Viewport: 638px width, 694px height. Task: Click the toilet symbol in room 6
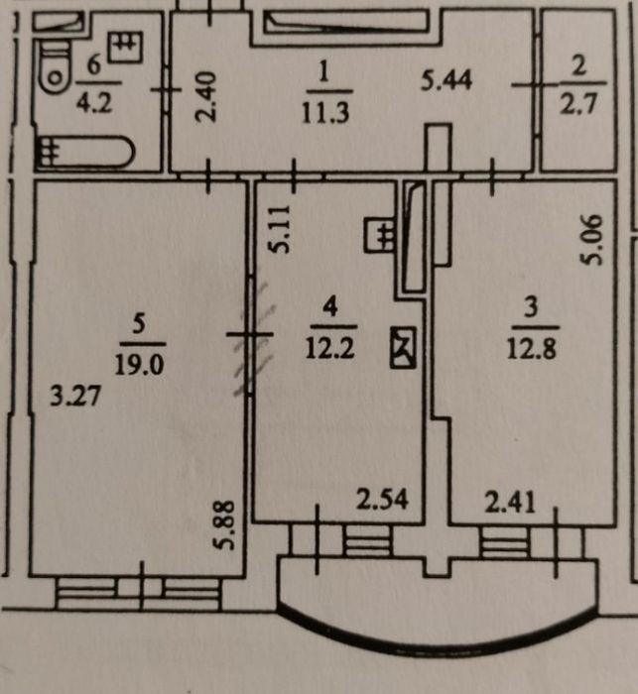(x=55, y=66)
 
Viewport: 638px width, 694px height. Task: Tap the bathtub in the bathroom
(x=84, y=152)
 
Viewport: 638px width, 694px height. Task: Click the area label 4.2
(x=94, y=102)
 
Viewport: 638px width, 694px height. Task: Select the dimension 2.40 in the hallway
(x=206, y=97)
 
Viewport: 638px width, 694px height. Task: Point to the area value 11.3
(x=325, y=112)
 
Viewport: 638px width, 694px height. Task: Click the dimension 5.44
(x=447, y=80)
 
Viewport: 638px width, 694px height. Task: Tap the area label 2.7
(x=578, y=103)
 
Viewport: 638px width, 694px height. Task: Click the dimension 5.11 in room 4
(x=281, y=229)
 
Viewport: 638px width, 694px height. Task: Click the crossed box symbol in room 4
(x=403, y=347)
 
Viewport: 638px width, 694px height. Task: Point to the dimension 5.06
(x=592, y=240)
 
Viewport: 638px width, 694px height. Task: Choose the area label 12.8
(x=532, y=348)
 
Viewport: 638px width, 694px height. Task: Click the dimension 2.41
(x=510, y=503)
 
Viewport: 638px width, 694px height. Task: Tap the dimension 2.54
(x=382, y=500)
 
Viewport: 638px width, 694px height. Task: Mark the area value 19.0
(x=140, y=365)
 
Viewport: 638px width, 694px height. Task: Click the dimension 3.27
(x=75, y=396)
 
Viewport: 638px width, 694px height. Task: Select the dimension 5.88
(x=224, y=524)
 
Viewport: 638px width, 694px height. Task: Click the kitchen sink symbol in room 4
(x=380, y=235)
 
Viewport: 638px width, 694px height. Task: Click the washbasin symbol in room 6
(x=126, y=47)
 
